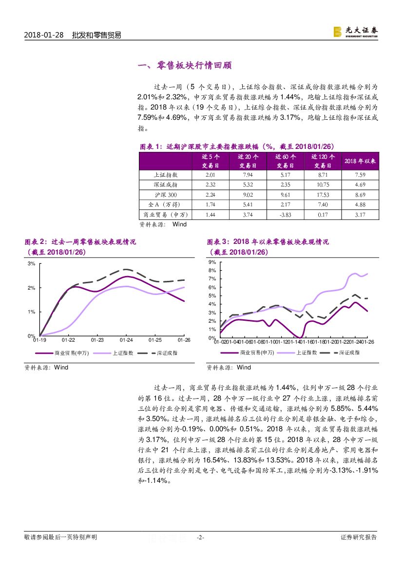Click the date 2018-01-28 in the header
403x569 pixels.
pyautogui.click(x=44, y=35)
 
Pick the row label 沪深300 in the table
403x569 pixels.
pyautogui.click(x=165, y=195)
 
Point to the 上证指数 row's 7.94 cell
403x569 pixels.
pyautogui.click(x=248, y=174)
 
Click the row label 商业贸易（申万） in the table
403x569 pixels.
pyautogui.click(x=165, y=215)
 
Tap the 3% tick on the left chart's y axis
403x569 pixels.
pyautogui.click(x=31, y=264)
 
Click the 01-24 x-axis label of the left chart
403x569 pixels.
pyautogui.click(x=126, y=340)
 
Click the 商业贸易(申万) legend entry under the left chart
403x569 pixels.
pyautogui.click(x=69, y=352)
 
